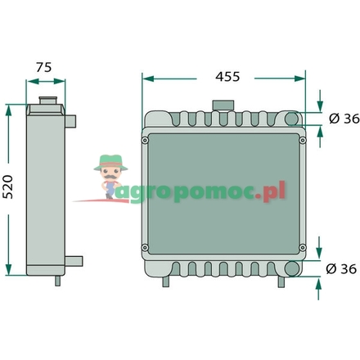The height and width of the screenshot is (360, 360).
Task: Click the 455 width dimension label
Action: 227,77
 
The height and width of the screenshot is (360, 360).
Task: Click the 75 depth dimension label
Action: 43,67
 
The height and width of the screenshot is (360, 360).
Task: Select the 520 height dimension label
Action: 8,187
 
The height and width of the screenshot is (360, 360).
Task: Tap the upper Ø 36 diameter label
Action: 344,119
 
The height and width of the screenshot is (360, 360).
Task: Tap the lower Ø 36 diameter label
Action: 341,269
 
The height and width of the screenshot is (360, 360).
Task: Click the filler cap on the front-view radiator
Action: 223,106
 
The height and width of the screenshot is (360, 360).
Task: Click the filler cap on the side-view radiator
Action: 48,100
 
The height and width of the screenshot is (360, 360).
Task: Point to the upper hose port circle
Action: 292,119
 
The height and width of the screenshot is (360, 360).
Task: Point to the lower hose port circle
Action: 291,268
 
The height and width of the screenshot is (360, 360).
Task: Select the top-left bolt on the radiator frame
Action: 145,141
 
